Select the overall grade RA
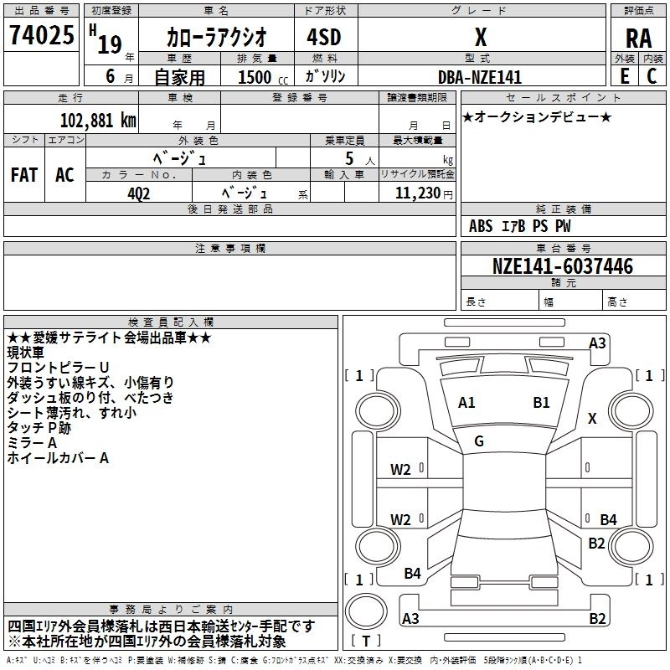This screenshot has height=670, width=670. (638, 38)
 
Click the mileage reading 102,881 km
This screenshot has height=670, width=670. (99, 120)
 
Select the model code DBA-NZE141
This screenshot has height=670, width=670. (480, 77)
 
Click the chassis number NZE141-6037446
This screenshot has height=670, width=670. (563, 266)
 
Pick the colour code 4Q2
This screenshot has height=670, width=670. (139, 193)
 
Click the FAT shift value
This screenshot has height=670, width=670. (23, 175)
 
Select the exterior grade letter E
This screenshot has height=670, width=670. (625, 76)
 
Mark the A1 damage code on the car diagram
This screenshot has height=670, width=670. (466, 403)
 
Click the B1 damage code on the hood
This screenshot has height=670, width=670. (541, 403)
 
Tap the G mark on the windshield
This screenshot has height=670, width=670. (479, 441)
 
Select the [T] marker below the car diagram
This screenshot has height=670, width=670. (366, 641)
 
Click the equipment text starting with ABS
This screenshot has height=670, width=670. (520, 226)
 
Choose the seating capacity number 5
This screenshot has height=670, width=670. (348, 159)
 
